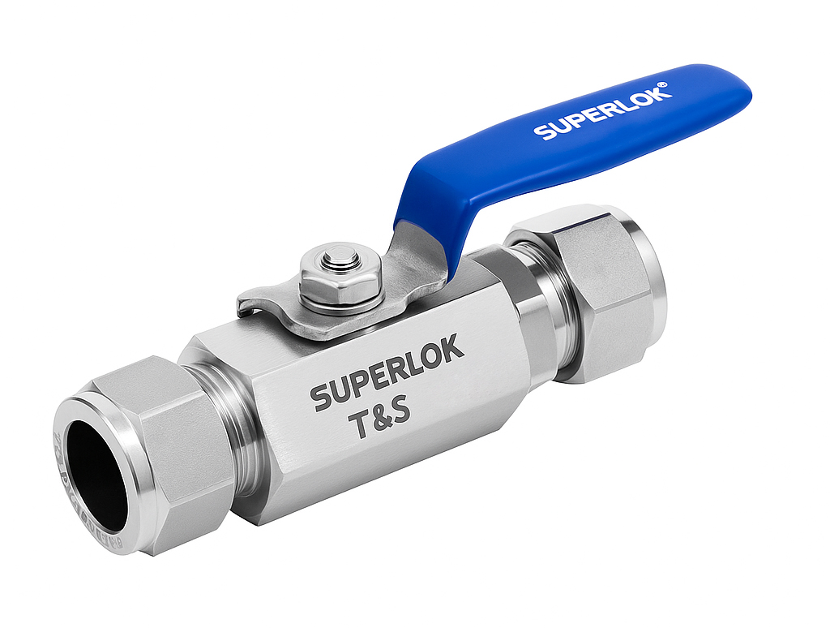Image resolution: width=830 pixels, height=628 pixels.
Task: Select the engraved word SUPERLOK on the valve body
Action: coord(387,373)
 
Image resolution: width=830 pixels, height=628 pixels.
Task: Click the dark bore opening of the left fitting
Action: coord(96,469)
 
